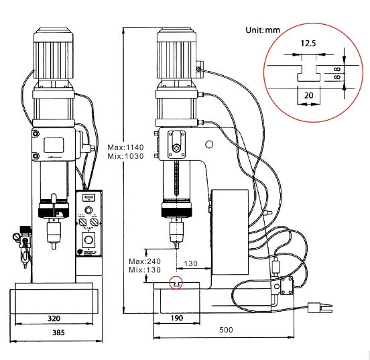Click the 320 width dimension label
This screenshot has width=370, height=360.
[x=54, y=318]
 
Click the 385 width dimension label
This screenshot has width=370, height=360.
[x=58, y=333]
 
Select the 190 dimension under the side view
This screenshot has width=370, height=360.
[x=177, y=318]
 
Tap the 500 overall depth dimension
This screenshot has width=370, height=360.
[x=226, y=330]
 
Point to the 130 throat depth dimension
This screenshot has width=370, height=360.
[x=190, y=263]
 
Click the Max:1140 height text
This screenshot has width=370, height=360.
[x=125, y=147]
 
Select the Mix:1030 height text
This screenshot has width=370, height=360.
[x=125, y=156]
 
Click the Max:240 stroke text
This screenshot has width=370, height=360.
[x=145, y=261]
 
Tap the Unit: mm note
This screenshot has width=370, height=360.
[x=263, y=30]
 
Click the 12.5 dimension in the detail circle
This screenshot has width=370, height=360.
[x=308, y=44]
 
